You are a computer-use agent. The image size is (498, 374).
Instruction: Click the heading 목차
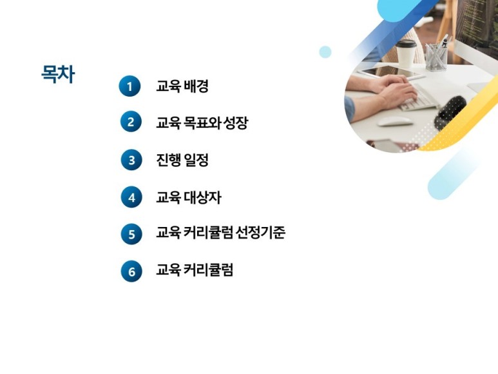(58, 74)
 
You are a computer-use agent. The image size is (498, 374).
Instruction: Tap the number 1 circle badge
(129, 86)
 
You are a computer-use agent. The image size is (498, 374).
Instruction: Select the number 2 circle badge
(131, 121)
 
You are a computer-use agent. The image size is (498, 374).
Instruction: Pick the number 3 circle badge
(131, 160)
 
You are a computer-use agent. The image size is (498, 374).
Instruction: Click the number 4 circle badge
(131, 197)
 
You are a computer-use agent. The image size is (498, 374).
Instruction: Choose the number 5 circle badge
(131, 234)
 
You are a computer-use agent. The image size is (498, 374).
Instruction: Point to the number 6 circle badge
(131, 271)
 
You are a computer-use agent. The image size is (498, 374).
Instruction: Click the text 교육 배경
(182, 86)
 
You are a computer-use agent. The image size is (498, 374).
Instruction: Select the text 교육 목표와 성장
(202, 123)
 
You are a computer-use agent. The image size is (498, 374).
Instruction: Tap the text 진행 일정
(182, 160)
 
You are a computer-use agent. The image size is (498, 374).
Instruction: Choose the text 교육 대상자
(189, 197)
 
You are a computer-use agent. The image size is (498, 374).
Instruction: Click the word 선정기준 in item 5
(260, 232)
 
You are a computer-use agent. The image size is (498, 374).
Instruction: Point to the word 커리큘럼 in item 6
(208, 270)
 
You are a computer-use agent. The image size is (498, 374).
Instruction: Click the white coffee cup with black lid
(406, 54)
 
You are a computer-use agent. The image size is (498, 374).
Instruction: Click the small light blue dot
(325, 52)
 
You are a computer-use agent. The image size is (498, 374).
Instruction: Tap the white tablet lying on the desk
(390, 72)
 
